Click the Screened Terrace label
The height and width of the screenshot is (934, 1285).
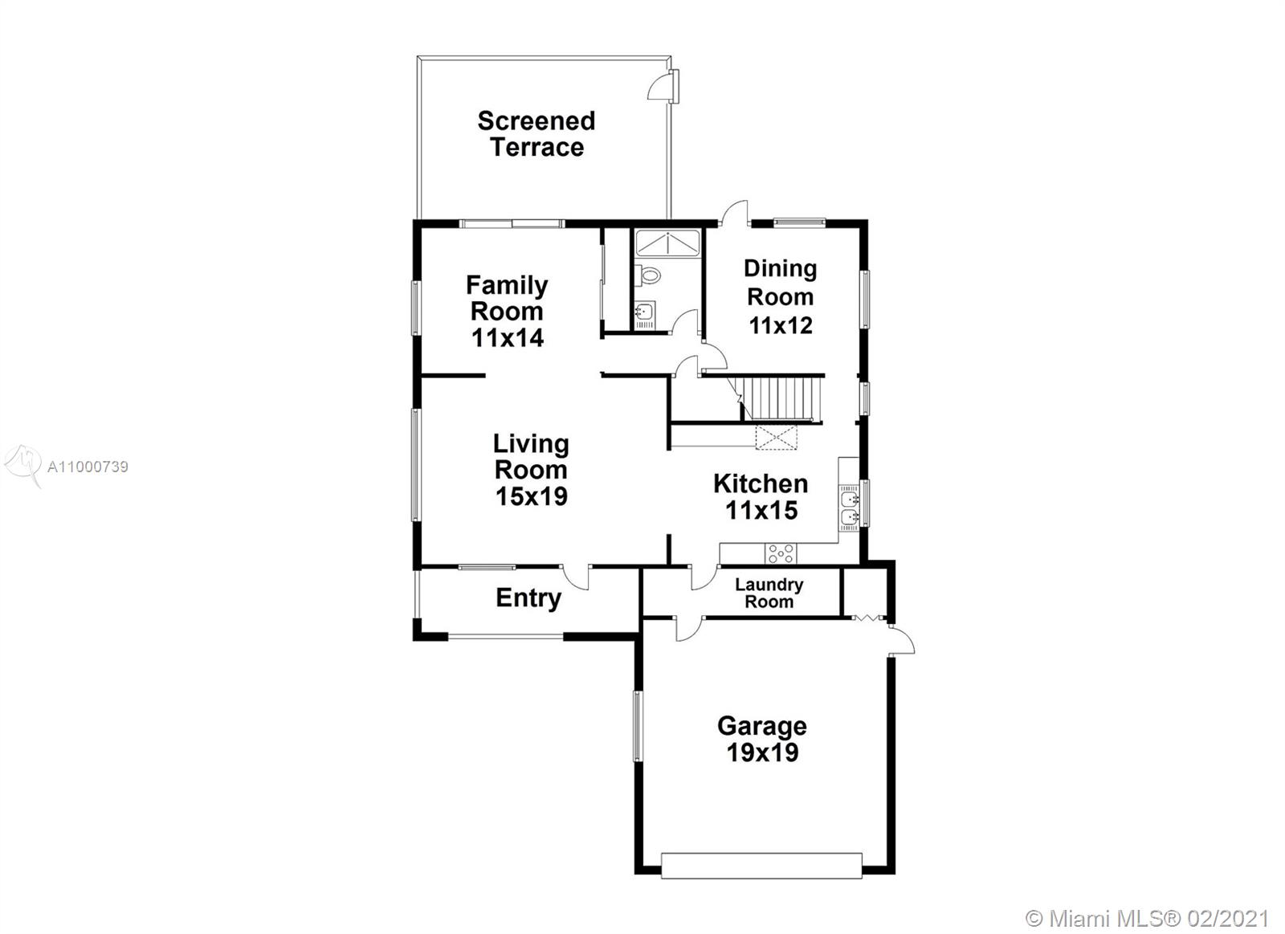pos(536,133)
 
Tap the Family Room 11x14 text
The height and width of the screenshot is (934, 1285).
pos(507,311)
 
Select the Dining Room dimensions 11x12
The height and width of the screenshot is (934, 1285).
pos(781,325)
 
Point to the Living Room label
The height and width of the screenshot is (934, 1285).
pos(531,457)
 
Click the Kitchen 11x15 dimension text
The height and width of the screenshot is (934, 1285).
pos(761,510)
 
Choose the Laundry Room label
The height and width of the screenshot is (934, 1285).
pos(769,593)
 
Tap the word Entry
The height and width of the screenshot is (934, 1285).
pos(528,598)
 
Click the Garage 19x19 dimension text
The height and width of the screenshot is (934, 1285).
pos(762,753)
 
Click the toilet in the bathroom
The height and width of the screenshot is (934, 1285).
pos(650,275)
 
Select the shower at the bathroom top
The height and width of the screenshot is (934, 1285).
pos(667,243)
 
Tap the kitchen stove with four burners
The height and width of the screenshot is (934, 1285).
pos(781,554)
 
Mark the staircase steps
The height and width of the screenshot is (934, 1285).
pos(781,398)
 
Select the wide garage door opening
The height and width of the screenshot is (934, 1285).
pos(761,867)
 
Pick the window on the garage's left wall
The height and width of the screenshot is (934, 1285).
pos(637,727)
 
